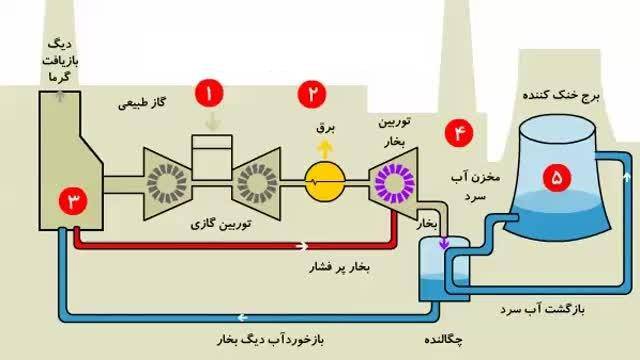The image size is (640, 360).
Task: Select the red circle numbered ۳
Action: pos(74,200)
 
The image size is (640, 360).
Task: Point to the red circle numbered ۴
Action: pos(460,132)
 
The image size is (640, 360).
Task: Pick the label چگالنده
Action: pos(447,341)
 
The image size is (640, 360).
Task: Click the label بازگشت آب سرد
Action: pos(548,310)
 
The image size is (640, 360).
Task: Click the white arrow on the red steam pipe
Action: pos(302,244)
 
